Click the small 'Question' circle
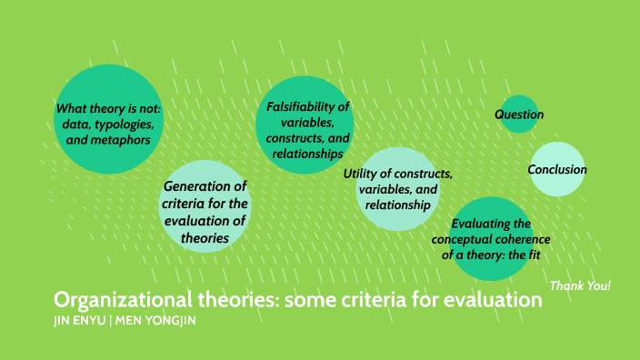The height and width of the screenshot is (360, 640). point(519,115)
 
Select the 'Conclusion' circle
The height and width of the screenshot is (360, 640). point(557,169)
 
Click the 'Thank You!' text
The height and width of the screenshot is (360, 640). point(580,286)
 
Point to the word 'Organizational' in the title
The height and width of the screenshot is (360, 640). point(109,301)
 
